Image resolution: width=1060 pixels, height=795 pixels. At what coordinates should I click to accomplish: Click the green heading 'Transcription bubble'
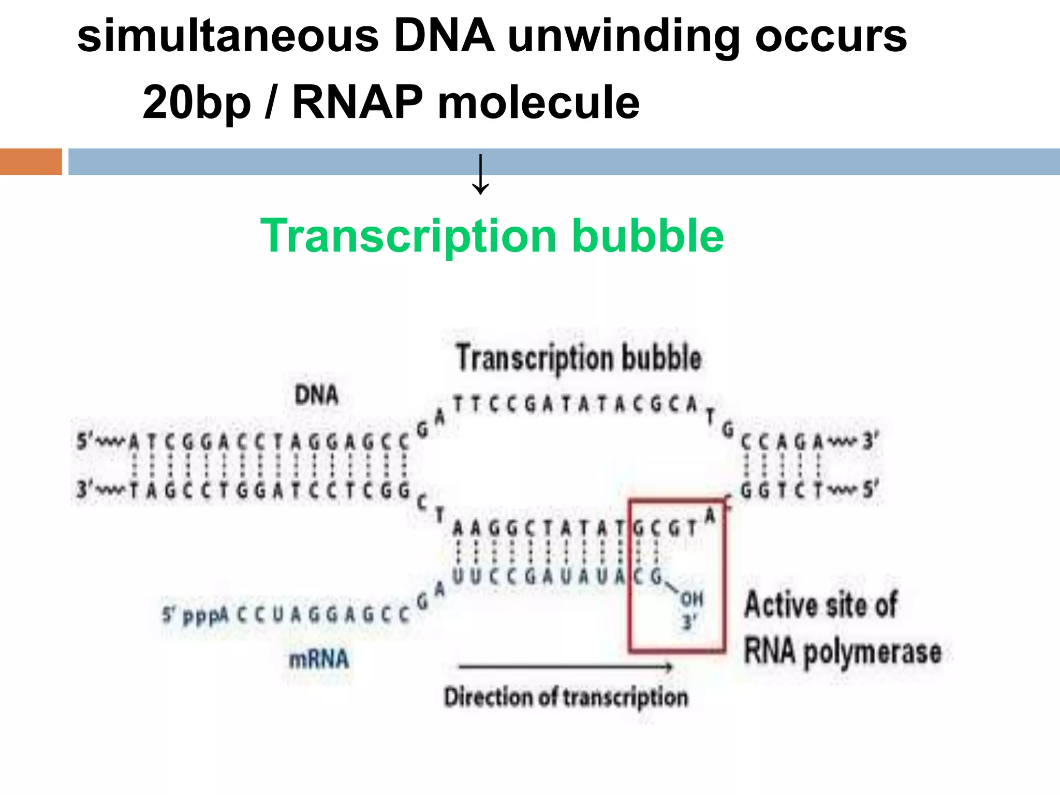[492, 236]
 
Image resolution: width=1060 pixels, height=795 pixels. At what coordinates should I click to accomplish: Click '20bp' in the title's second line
[197, 102]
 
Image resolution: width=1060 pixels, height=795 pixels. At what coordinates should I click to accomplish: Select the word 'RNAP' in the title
[357, 102]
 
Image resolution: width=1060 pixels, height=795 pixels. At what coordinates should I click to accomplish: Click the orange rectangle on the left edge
[31, 161]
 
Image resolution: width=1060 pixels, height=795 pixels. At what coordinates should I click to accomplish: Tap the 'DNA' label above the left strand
[316, 395]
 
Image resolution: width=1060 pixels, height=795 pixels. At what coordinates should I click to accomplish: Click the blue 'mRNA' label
[319, 659]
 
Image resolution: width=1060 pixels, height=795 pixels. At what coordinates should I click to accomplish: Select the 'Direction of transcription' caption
[566, 698]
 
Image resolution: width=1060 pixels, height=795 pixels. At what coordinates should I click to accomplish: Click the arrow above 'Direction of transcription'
[566, 667]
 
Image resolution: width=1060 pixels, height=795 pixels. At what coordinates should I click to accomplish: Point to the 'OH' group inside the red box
[691, 599]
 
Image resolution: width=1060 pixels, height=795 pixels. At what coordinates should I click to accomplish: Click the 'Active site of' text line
[821, 605]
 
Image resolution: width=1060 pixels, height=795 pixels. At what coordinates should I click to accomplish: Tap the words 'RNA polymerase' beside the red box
[842, 652]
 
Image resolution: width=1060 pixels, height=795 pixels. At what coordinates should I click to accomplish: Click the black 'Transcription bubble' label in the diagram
[579, 358]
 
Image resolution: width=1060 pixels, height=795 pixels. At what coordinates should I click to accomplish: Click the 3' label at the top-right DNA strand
[870, 441]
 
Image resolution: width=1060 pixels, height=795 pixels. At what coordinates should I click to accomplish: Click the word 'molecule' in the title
[538, 102]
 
